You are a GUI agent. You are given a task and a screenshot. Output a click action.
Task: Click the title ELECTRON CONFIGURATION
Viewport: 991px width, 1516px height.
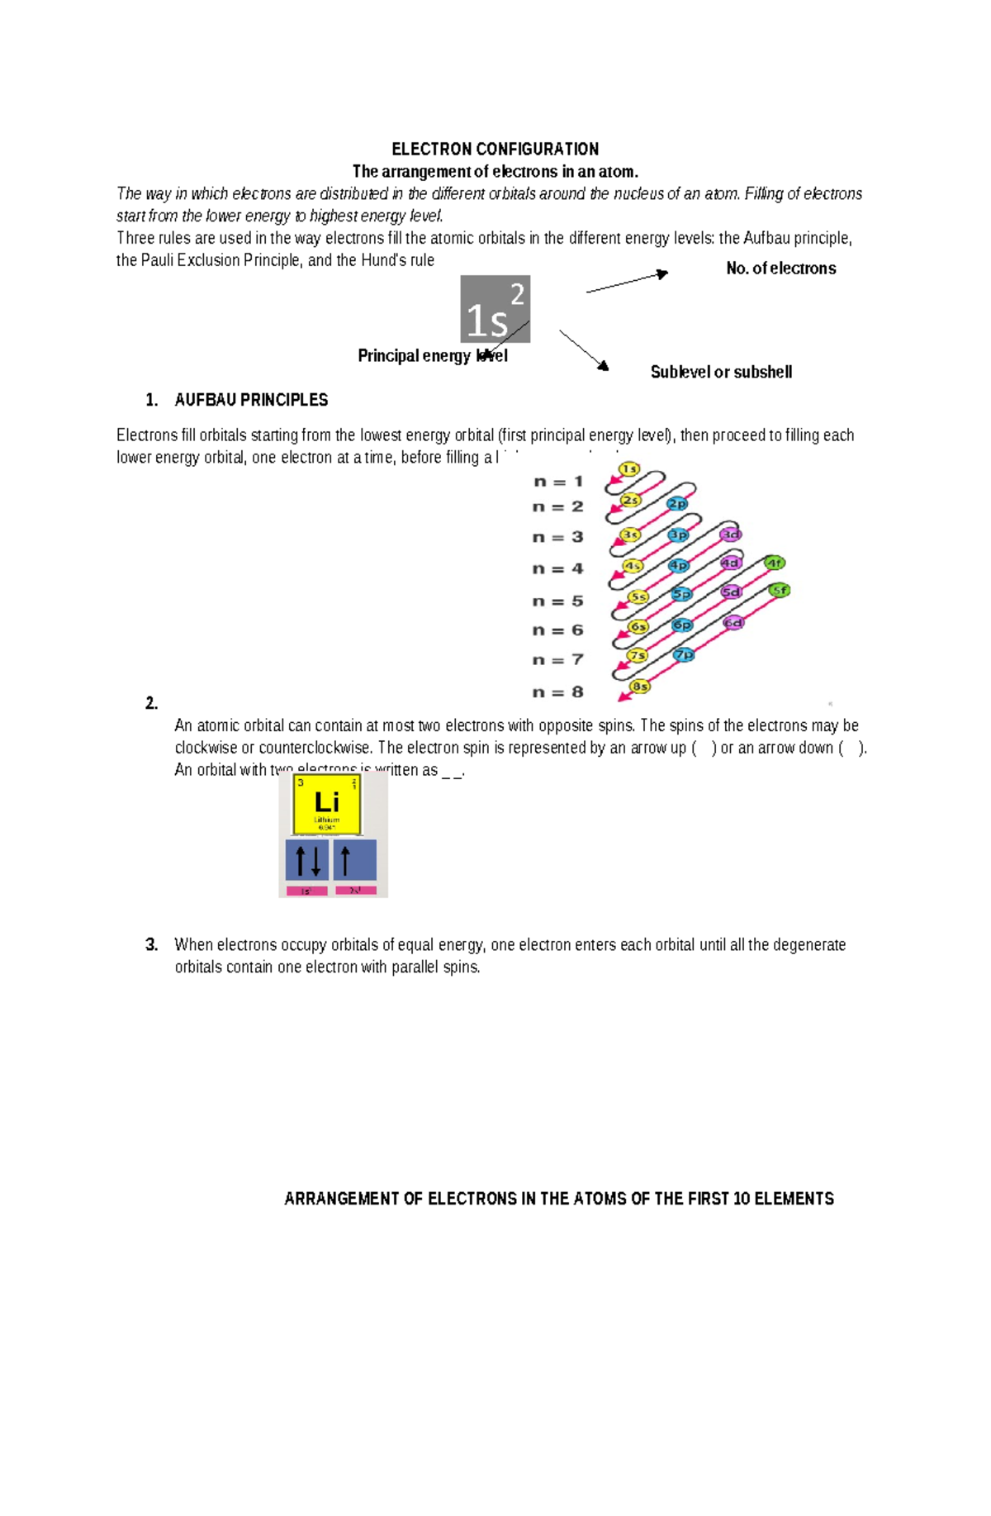[x=495, y=150]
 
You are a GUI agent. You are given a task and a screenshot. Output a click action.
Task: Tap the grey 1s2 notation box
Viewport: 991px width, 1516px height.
[x=495, y=309]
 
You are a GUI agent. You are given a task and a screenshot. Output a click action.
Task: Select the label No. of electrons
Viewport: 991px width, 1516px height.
[x=780, y=269]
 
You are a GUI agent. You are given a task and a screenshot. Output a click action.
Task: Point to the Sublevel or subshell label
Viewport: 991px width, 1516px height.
[x=721, y=373]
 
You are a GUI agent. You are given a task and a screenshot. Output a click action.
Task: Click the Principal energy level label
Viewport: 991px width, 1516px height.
[x=432, y=356]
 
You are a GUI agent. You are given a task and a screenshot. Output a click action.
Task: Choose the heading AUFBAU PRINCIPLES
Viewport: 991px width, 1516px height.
[x=251, y=401]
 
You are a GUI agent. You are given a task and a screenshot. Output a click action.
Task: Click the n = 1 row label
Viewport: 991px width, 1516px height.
[x=559, y=482]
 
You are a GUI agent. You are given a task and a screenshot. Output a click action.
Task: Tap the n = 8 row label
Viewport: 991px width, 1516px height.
[x=559, y=692]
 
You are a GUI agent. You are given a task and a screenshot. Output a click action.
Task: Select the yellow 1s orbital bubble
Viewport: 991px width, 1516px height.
[x=629, y=469]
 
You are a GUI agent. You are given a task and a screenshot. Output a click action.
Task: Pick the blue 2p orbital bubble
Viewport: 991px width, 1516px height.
[x=677, y=504]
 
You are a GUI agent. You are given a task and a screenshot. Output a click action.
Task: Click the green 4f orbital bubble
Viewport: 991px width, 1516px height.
[x=774, y=563]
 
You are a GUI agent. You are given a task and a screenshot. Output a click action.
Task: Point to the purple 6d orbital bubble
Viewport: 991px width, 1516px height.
[x=733, y=623]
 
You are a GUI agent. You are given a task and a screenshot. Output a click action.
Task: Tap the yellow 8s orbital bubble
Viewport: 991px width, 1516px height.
[x=640, y=687]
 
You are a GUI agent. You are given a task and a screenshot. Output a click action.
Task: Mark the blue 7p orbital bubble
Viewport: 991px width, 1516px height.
[x=684, y=655]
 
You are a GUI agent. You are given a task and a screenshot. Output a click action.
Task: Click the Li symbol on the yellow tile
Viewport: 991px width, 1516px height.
[x=327, y=801]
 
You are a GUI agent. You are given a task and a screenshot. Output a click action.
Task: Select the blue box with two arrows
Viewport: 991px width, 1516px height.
[x=307, y=860]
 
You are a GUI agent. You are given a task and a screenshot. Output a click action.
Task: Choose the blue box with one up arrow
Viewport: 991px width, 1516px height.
[x=355, y=860]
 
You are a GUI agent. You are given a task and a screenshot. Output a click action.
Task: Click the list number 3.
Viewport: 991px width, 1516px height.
[x=151, y=945]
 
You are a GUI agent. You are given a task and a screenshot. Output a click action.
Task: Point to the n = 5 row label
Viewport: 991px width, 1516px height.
[x=559, y=601]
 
